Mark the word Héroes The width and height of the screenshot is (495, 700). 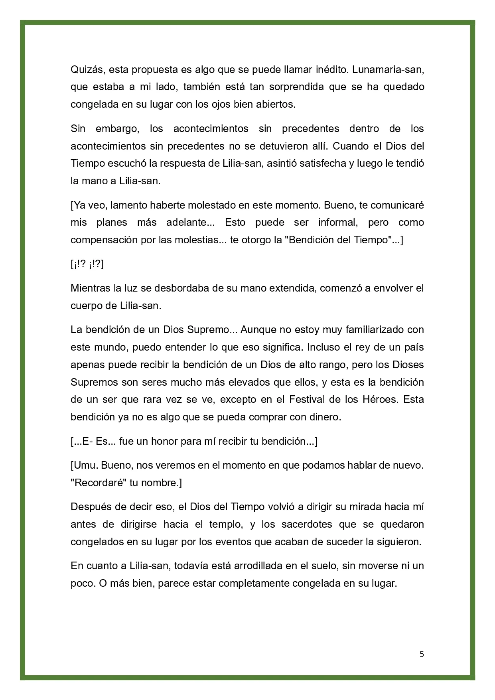383,400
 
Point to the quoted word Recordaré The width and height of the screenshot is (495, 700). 99,483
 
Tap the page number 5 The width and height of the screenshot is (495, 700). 422,654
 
